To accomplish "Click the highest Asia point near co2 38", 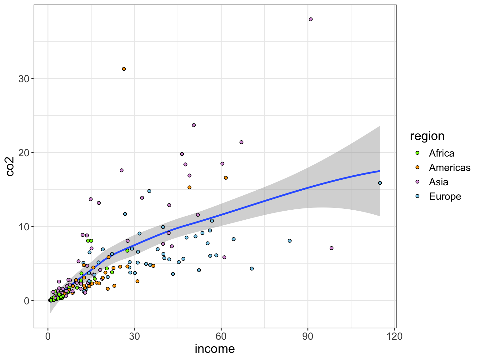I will point(311,19).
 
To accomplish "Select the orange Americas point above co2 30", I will point(124,69).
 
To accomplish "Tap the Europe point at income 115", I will point(380,183).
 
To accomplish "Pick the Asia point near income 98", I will point(332,248).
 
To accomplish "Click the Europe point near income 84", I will point(290,241).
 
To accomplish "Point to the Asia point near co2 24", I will point(194,125).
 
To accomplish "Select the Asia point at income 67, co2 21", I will point(241,142).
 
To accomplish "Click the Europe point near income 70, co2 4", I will point(252,269).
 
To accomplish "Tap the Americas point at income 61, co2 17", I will point(226,178).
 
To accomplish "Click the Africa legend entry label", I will point(441,153).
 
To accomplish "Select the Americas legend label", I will point(449,167).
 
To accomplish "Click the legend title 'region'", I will point(427,136).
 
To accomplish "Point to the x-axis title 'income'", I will point(215,349).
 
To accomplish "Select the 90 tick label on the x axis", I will point(308,337).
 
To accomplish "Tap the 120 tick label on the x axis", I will point(394,337).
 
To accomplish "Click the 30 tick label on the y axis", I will point(24,79).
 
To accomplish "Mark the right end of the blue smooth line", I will point(380,171).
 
